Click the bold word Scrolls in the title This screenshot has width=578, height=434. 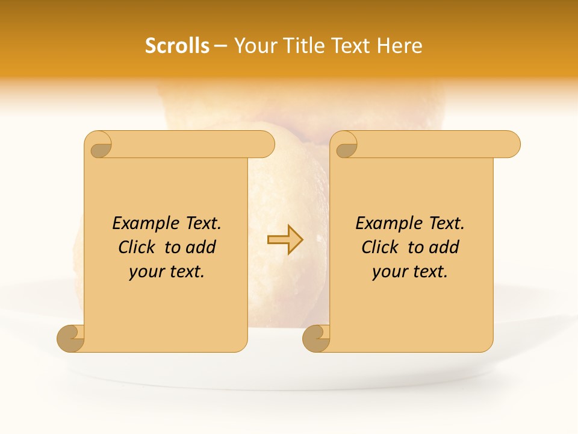click(x=178, y=46)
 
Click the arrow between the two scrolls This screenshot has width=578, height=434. click(x=285, y=239)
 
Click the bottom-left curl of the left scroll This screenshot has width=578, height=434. click(x=70, y=338)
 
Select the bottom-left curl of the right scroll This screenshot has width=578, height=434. click(x=316, y=338)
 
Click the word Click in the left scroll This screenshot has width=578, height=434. click(x=136, y=248)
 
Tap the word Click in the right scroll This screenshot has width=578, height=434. click(x=379, y=248)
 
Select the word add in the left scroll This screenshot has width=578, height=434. click(x=200, y=248)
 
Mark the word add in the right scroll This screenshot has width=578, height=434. click(x=444, y=248)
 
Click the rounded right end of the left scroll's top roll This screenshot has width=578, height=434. click(x=265, y=144)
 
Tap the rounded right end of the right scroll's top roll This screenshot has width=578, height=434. click(x=511, y=144)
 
